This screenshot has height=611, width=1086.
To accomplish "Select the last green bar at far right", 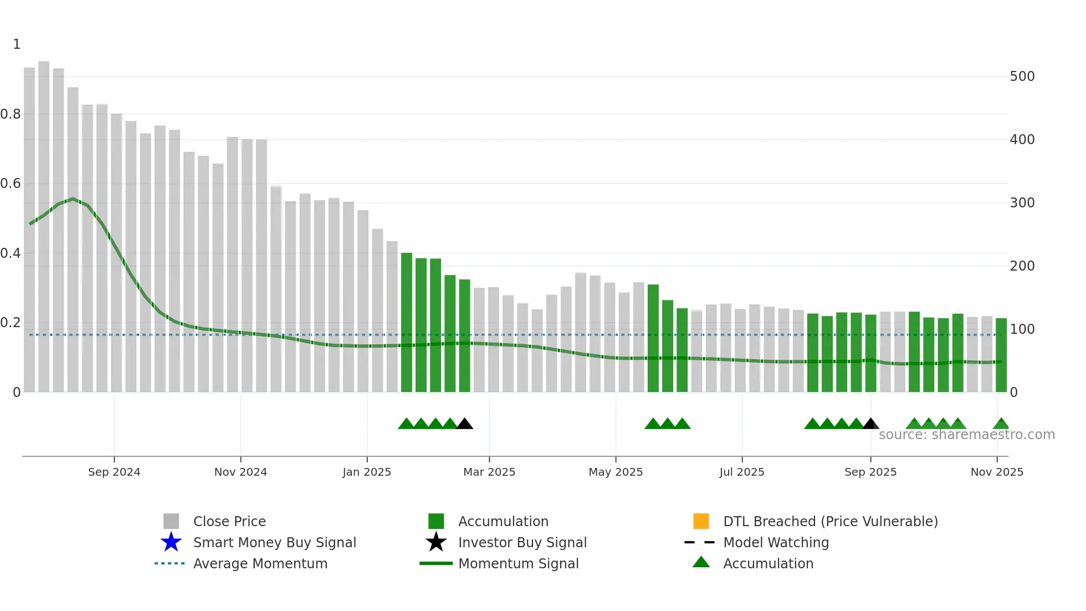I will (1001, 355).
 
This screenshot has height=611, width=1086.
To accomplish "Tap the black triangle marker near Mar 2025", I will (464, 424).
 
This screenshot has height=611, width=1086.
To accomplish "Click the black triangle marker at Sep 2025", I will (870, 424).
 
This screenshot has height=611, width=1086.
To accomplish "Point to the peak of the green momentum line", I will (73, 198).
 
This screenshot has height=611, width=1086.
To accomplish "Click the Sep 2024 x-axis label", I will (114, 472).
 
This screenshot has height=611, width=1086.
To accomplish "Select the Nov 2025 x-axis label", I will (996, 472).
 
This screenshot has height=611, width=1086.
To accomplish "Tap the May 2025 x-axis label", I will (615, 472).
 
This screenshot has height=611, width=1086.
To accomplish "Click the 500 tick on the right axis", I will (1022, 77).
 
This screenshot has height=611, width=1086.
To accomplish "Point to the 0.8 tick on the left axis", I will (11, 114).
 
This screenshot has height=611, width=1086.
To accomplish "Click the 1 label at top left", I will (17, 44).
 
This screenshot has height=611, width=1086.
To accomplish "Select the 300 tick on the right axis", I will (1022, 203).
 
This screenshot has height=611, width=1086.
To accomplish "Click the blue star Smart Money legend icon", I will (171, 542).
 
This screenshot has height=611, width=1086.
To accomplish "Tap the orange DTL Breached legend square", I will (701, 521).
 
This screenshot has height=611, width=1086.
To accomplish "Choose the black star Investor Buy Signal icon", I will (436, 542).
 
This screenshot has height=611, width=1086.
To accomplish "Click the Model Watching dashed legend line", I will (699, 542).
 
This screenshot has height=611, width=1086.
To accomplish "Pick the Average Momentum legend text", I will (260, 563).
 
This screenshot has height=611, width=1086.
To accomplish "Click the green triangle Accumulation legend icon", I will (701, 563).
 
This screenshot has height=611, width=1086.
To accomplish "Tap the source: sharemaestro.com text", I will (966, 435).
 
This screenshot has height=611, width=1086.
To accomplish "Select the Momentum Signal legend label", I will (518, 563).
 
